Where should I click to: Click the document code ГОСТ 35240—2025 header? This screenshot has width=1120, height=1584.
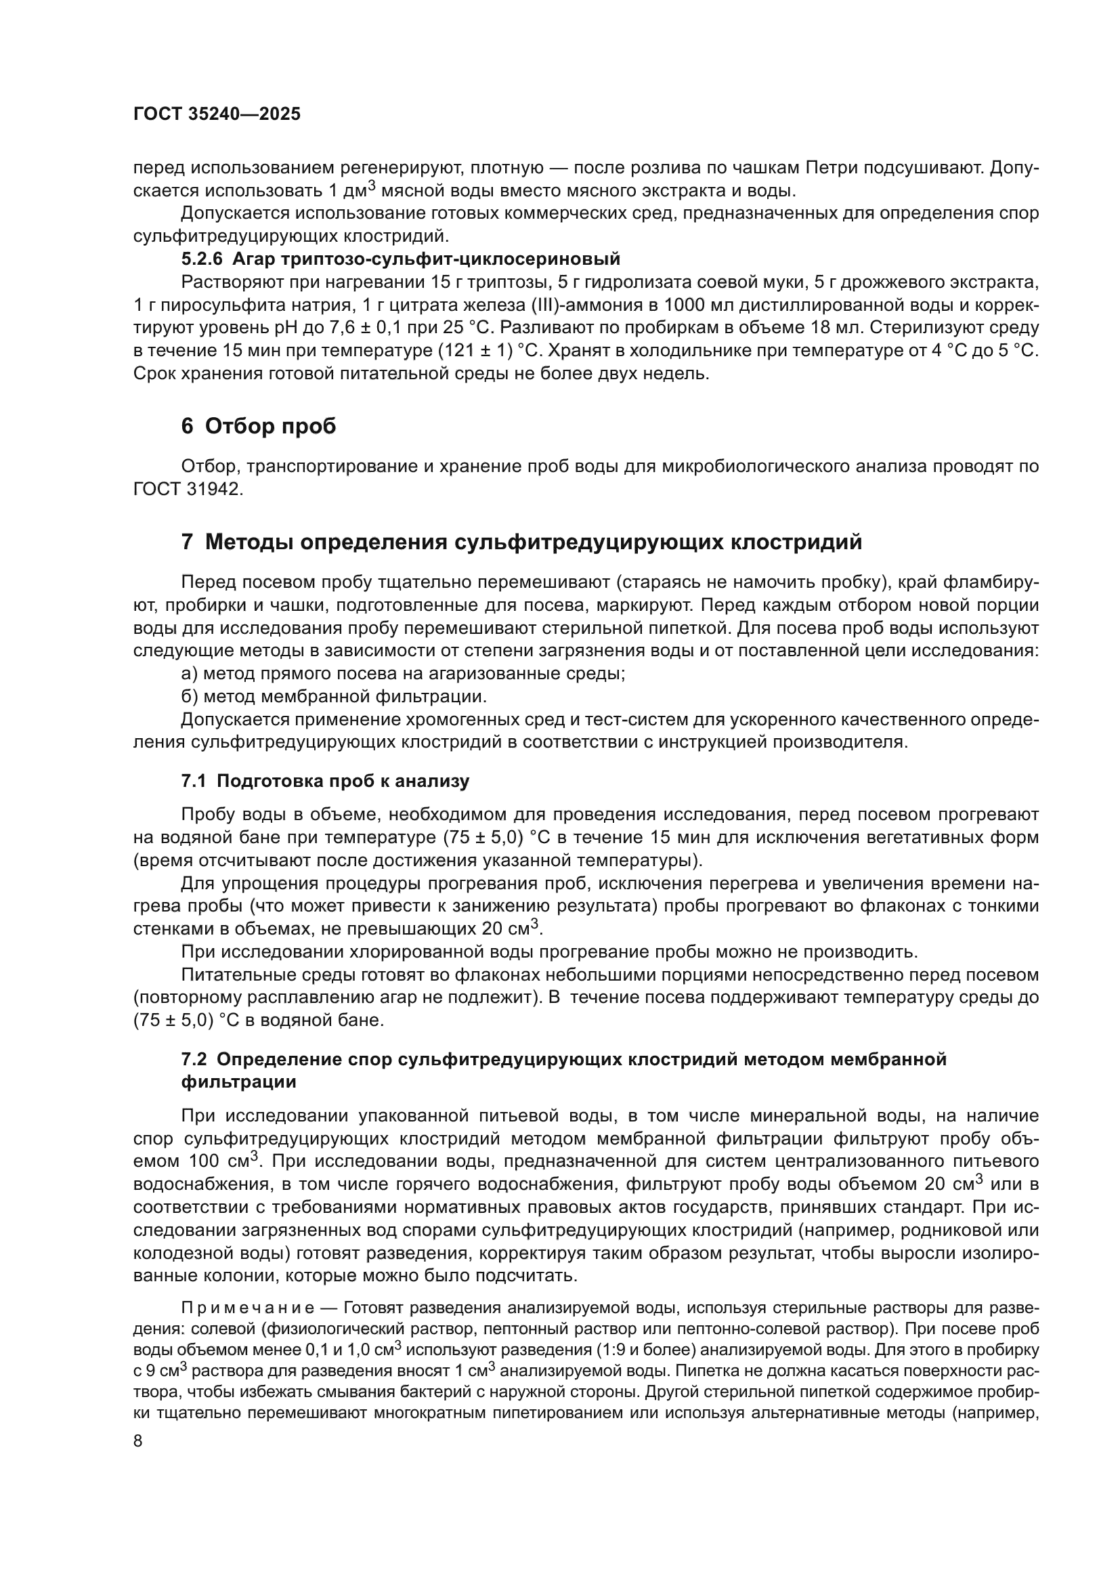point(217,114)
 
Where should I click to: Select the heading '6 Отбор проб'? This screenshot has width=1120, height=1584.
point(259,427)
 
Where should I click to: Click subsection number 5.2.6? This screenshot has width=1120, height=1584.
point(202,259)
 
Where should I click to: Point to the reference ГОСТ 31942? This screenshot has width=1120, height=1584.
point(188,489)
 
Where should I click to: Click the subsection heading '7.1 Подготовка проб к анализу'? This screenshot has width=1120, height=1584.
point(325,781)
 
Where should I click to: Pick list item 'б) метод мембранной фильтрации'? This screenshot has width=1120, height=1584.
point(334,696)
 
